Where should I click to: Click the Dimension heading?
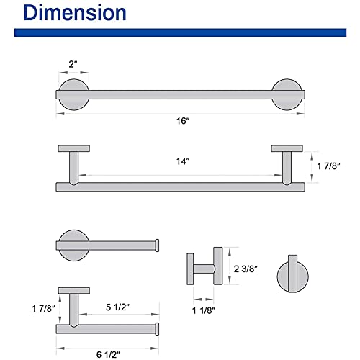point(75,13)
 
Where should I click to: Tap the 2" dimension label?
point(73,64)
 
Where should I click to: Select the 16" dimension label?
point(183,121)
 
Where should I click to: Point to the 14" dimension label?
point(183,161)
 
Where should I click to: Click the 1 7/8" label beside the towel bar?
point(328,166)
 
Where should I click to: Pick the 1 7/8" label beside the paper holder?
point(43,308)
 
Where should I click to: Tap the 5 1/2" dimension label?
point(117,307)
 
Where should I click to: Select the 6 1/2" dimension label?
point(108,354)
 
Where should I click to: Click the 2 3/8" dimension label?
point(246,269)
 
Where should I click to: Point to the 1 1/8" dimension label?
point(204,310)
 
